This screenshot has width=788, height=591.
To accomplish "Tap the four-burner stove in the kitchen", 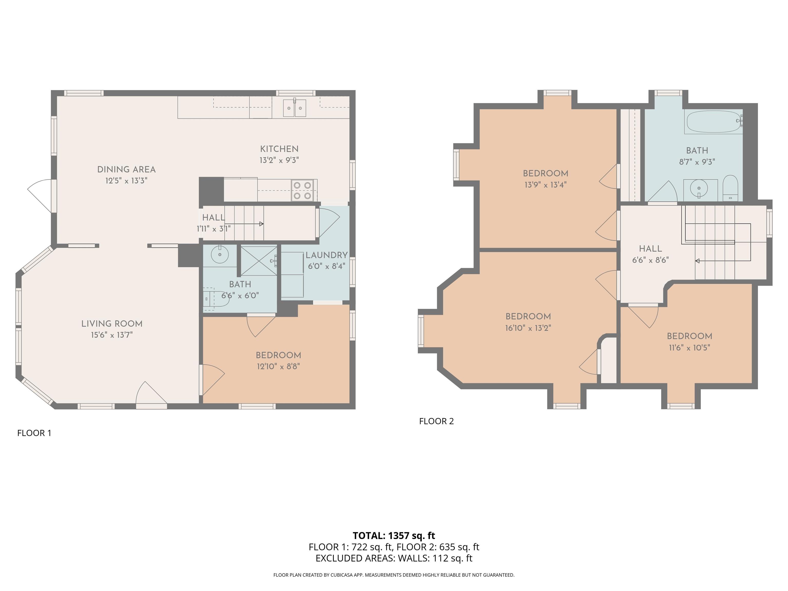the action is pos(302,190).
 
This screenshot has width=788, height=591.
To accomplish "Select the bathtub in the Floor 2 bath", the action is pos(714,122).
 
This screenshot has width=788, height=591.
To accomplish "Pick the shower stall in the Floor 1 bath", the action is pos(259,260).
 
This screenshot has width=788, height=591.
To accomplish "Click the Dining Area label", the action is pos(126,170).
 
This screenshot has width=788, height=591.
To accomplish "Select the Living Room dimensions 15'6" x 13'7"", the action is pos(112,335).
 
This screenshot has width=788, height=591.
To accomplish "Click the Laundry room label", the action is pos(326,255).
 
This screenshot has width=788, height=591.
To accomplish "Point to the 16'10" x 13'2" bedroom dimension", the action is pos(528,328).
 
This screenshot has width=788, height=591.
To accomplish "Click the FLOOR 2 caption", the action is pos(436,421).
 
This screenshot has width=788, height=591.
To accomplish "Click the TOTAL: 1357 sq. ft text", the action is pos(394,535).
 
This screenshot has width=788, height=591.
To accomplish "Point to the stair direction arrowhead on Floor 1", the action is pos(261,224).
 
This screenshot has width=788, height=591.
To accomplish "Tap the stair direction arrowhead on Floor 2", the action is pos(697,261).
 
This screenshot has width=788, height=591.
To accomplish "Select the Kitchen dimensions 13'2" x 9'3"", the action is pos(279,160).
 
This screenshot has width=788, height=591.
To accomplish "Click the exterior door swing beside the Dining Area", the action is pos(40,195).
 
